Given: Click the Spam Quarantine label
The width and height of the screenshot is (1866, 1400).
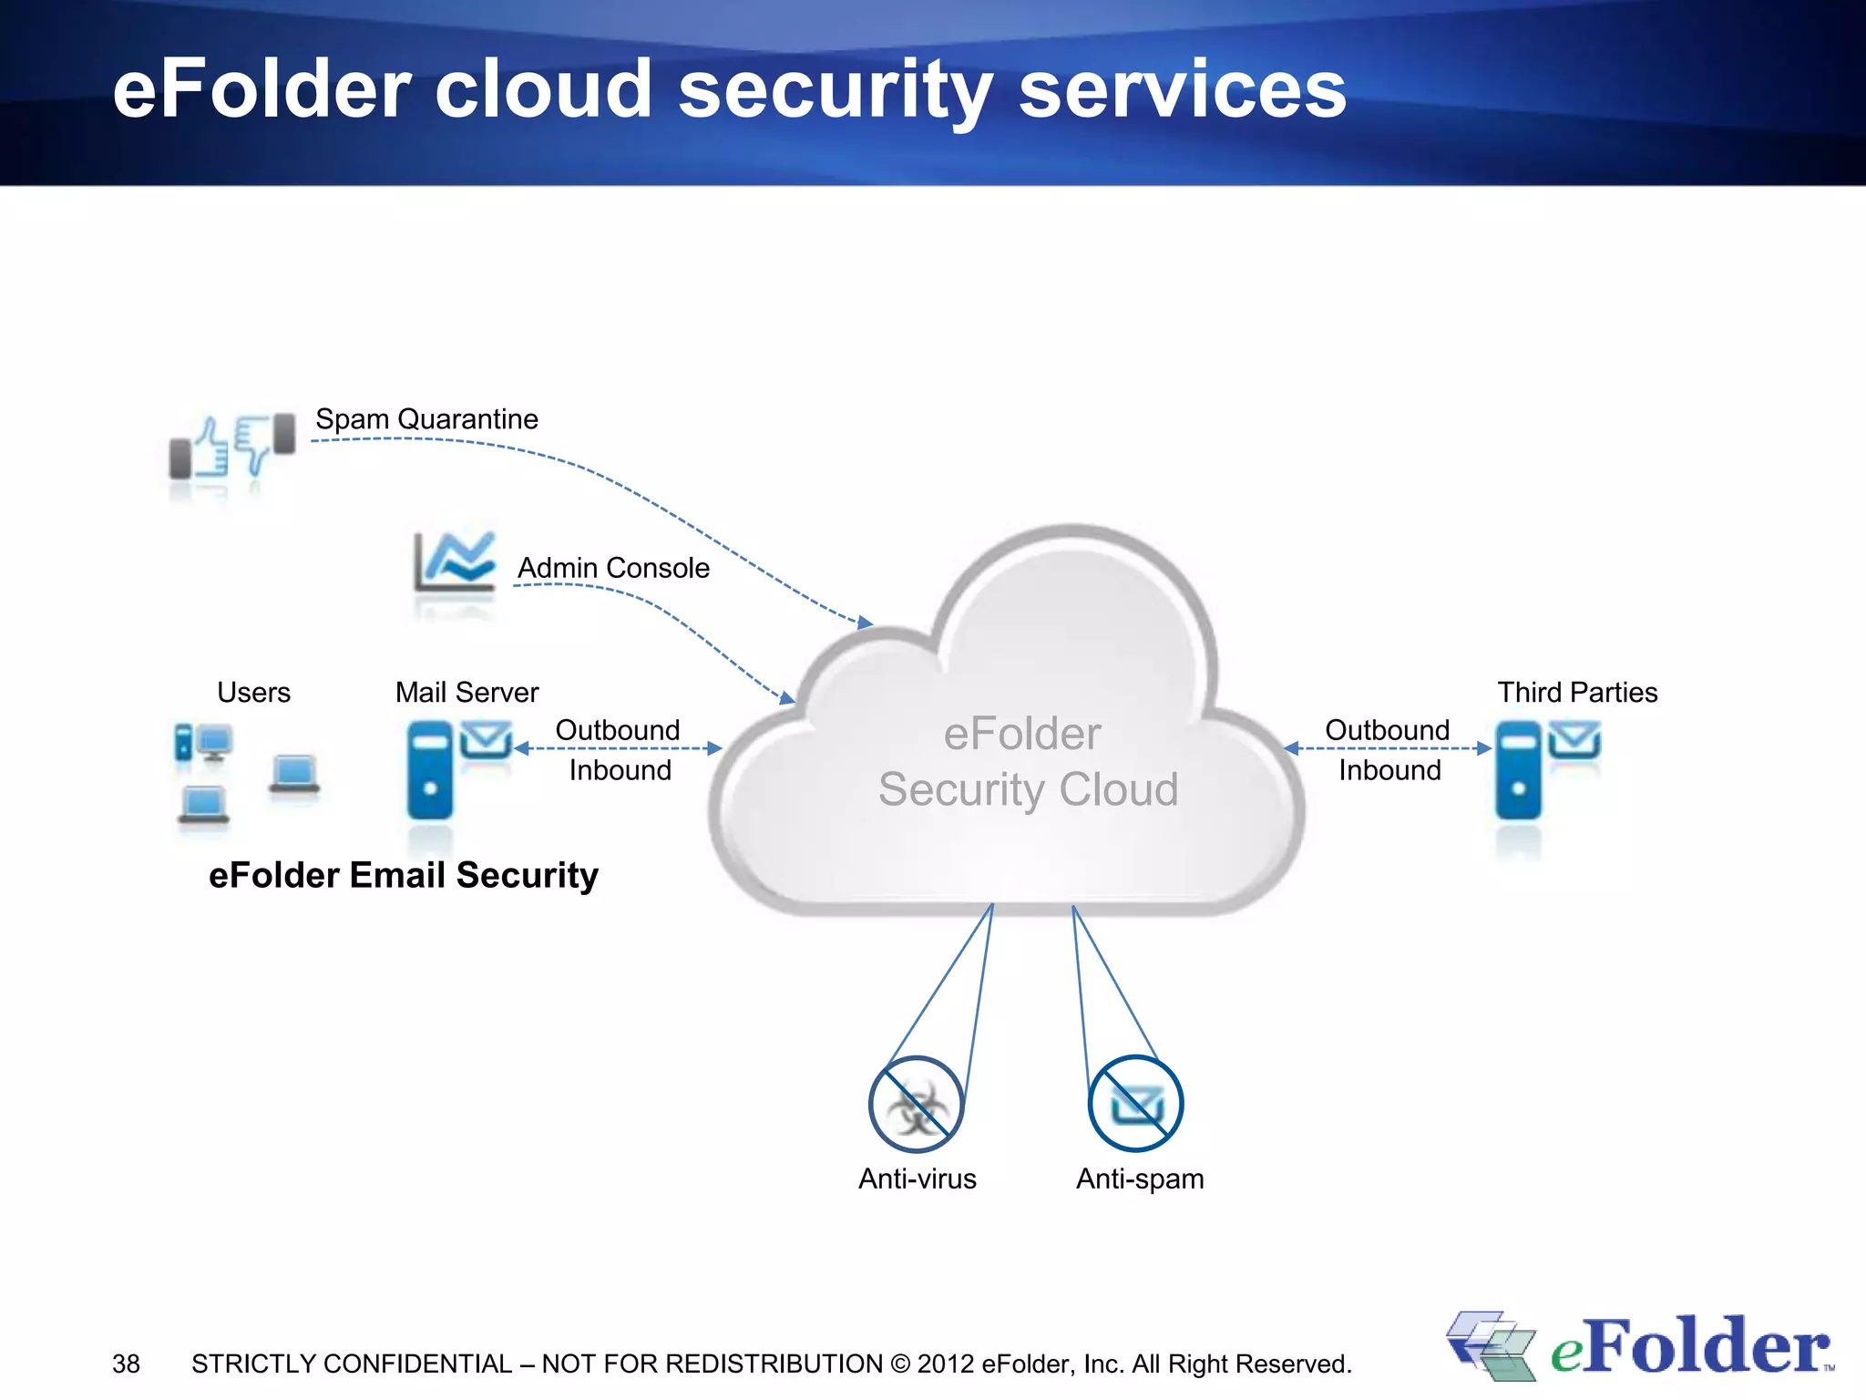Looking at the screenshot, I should (x=426, y=419).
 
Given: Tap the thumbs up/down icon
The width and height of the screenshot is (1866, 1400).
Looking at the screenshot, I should (x=232, y=446).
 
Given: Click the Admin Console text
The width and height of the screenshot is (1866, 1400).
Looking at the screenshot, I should (x=613, y=568).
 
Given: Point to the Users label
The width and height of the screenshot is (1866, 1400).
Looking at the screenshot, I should (x=253, y=693).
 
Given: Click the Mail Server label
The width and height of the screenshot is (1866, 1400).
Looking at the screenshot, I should (x=466, y=693).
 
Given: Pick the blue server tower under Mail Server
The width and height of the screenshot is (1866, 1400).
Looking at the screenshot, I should (x=430, y=770).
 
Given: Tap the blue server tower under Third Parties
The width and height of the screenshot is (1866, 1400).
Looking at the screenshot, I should (x=1518, y=770).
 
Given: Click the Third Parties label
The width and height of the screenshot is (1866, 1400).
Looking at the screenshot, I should (x=1577, y=693).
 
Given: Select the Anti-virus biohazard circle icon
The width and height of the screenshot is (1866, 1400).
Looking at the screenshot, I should (x=916, y=1105).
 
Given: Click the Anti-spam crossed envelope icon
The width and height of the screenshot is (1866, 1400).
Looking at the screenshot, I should (x=1135, y=1105).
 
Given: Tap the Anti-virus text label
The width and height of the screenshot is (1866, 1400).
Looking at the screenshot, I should (x=917, y=1179).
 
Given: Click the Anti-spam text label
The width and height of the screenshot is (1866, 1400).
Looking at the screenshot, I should (x=1140, y=1179).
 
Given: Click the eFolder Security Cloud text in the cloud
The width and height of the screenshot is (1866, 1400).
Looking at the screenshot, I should (x=1027, y=762).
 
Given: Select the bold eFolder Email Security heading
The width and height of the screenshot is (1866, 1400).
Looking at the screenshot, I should (x=404, y=875).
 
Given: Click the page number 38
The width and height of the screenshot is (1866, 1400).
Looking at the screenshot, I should (x=126, y=1364).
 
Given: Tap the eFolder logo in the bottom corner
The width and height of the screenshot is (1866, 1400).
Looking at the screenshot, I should (x=1640, y=1347).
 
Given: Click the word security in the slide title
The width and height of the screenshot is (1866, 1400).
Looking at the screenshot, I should (x=836, y=91).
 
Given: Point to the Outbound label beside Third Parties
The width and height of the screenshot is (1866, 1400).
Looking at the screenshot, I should (x=1387, y=730).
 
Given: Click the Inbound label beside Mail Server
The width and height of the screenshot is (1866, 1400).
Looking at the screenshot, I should (x=620, y=771).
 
